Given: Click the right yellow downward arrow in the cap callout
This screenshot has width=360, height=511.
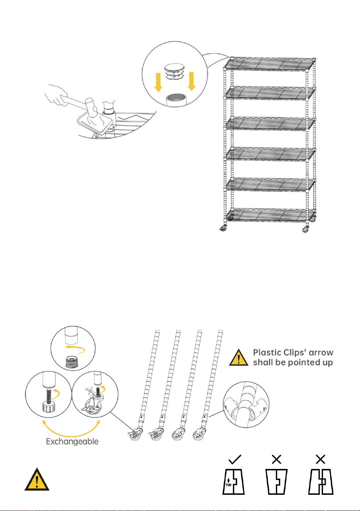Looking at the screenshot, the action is point(191,81).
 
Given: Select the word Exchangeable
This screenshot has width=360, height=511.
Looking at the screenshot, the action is point(72,442).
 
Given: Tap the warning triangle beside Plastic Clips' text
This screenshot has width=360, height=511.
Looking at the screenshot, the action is point(238,357).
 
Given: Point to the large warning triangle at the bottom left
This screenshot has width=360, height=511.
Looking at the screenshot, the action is point(37,479).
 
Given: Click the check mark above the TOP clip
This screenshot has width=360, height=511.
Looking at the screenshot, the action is point(235,459).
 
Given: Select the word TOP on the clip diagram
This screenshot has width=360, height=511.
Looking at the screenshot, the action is point(228,485).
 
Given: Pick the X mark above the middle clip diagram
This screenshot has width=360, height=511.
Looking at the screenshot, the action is point(277,459).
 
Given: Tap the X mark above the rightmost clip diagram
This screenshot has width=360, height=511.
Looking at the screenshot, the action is point(321,459).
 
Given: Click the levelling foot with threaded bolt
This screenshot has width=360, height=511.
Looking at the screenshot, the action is point(48,403).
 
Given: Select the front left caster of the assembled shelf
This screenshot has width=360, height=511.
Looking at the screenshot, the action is point(223,228).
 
